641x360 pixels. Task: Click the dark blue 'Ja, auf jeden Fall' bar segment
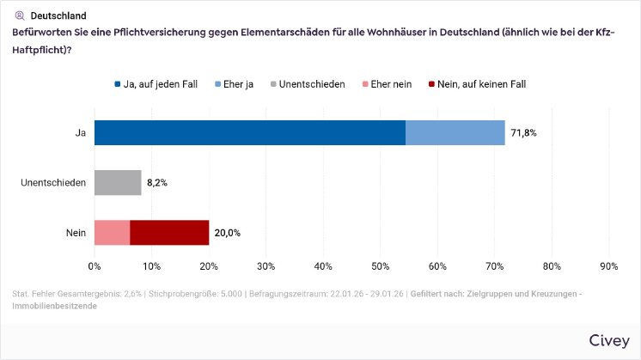click(249, 133)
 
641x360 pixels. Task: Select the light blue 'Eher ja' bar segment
click(455, 133)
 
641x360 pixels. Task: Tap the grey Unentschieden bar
click(118, 183)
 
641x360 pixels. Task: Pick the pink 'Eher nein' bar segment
click(112, 233)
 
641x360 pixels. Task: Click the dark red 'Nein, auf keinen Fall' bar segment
click(169, 233)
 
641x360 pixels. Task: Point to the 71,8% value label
click(524, 133)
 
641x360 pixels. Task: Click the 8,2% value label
click(156, 183)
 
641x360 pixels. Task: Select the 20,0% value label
click(227, 233)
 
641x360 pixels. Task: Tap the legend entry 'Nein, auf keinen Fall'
click(477, 84)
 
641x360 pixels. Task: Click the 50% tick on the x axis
click(380, 265)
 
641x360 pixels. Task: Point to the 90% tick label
click(608, 265)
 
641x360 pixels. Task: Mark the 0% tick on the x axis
click(95, 265)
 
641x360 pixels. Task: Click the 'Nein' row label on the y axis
click(75, 233)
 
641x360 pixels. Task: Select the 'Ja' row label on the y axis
click(81, 133)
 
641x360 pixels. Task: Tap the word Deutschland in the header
click(58, 15)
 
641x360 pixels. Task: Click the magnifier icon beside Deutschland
click(20, 15)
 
